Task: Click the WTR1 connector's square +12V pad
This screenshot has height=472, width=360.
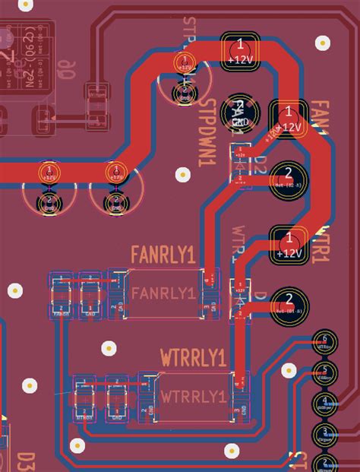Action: pyautogui.click(x=289, y=245)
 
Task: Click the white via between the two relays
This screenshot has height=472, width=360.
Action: pyautogui.click(x=109, y=349)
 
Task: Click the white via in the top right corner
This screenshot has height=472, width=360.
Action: pyautogui.click(x=324, y=43)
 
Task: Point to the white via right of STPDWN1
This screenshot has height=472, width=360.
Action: pyautogui.click(x=182, y=175)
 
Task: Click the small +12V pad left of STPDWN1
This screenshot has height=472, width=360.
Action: pyautogui.click(x=183, y=64)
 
